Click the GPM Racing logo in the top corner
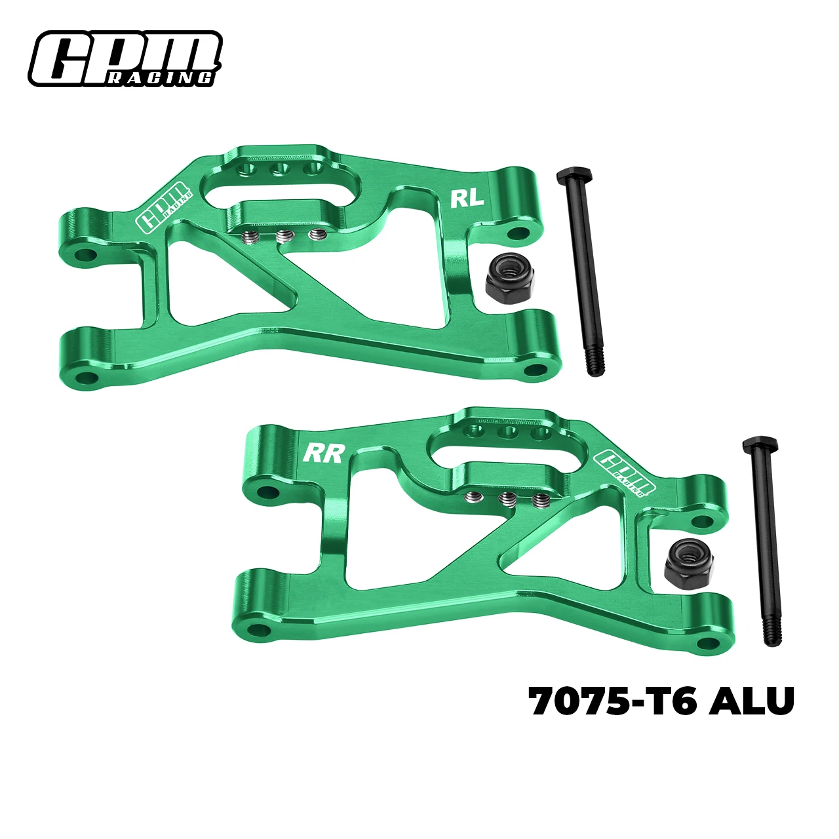(x=125, y=59)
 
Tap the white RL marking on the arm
(x=467, y=198)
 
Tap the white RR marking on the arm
(x=324, y=453)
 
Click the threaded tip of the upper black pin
(x=594, y=363)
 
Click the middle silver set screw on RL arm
(x=283, y=237)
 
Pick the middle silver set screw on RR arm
(x=505, y=499)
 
